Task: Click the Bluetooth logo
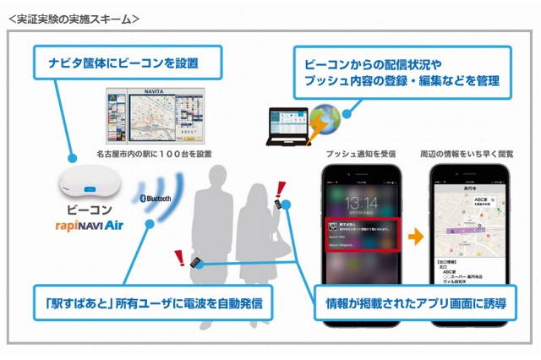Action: click(156, 199)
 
